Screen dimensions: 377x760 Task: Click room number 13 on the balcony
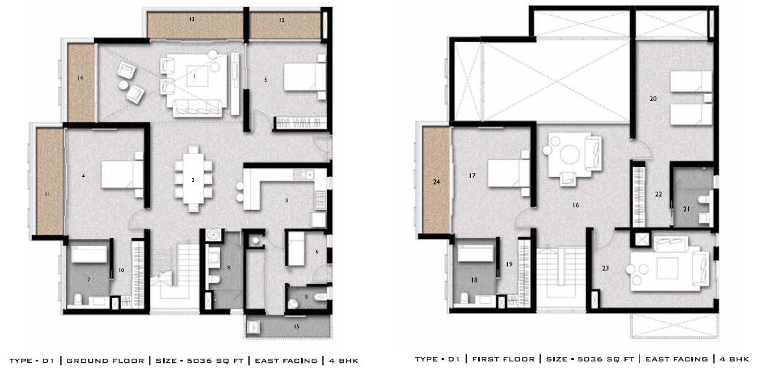point(192,20)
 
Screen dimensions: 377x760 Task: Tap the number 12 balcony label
point(282,21)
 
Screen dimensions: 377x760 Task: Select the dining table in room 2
point(193,179)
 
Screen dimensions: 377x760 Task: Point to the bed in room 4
point(122,174)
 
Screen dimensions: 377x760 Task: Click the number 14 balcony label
point(80,78)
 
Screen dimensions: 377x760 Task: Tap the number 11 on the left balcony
point(47,194)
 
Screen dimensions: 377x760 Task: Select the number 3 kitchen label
point(286,201)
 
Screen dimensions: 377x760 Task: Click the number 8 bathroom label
point(229,267)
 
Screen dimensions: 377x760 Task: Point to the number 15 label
point(296,327)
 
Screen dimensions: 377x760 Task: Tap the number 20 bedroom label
point(653,99)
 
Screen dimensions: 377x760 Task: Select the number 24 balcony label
point(436,182)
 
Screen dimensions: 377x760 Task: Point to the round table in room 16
point(572,155)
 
